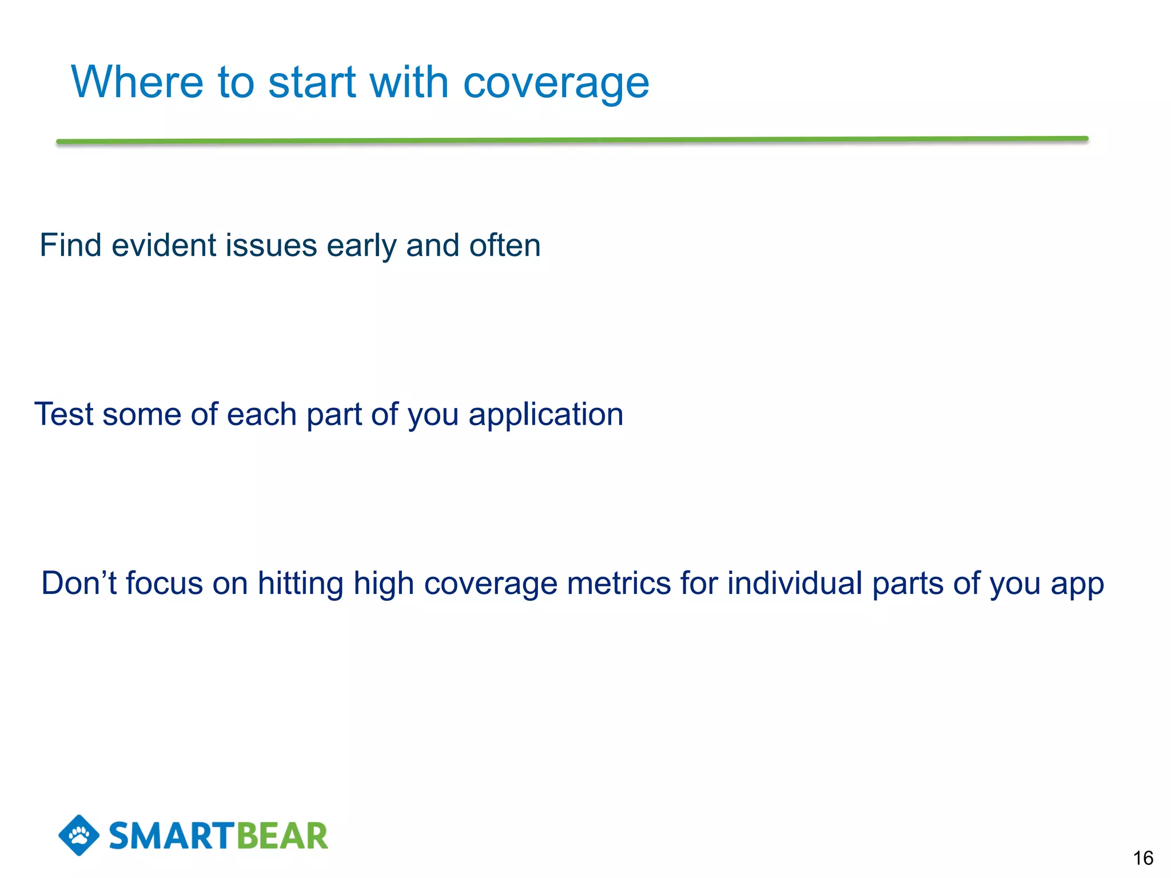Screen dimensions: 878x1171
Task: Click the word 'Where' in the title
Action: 137,82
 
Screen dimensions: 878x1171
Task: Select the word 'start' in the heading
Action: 312,82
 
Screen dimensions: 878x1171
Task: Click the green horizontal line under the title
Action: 572,139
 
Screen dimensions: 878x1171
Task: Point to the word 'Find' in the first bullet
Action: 70,245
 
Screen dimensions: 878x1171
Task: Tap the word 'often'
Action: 504,245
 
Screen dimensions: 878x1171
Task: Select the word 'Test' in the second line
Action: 63,414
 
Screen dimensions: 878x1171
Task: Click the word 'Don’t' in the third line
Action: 78,583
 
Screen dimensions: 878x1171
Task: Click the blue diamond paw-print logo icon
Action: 79,835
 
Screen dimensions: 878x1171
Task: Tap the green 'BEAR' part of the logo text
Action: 282,836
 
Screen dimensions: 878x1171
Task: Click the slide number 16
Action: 1143,858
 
